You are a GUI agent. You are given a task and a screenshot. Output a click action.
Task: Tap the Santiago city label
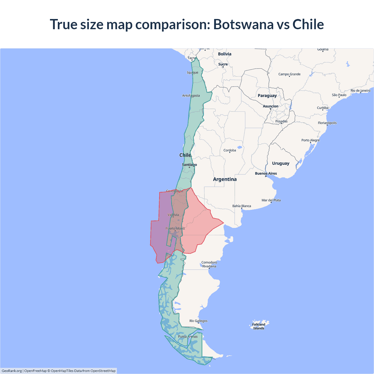click(189, 165)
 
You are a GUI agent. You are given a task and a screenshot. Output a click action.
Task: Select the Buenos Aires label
click(266, 174)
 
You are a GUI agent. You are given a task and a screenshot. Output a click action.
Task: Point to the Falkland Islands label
click(259, 326)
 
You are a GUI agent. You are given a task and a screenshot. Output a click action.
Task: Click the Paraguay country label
click(267, 96)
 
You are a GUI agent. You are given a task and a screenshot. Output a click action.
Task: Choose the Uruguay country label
click(280, 163)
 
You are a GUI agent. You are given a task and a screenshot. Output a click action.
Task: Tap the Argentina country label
click(225, 179)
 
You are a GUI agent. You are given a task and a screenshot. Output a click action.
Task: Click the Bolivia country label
click(224, 54)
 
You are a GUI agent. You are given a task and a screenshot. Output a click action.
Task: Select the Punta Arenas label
click(188, 337)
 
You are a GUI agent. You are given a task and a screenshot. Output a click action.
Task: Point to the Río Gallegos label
click(198, 321)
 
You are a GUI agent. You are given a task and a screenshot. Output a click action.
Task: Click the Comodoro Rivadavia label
click(209, 264)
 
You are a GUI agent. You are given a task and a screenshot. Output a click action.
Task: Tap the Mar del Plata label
click(271, 200)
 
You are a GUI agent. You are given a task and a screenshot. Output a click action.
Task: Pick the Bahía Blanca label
click(242, 206)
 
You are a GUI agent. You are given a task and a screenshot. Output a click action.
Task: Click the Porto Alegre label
click(310, 140)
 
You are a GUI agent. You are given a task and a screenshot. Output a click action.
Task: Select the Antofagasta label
click(191, 96)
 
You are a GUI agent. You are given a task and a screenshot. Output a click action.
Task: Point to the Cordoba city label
click(230, 150)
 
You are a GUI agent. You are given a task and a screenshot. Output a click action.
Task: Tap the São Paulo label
click(339, 95)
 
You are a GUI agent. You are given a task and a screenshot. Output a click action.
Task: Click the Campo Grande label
click(289, 74)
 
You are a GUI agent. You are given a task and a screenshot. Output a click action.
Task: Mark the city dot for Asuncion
click(271, 109)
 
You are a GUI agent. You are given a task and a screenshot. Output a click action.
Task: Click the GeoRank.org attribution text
click(12, 371)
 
